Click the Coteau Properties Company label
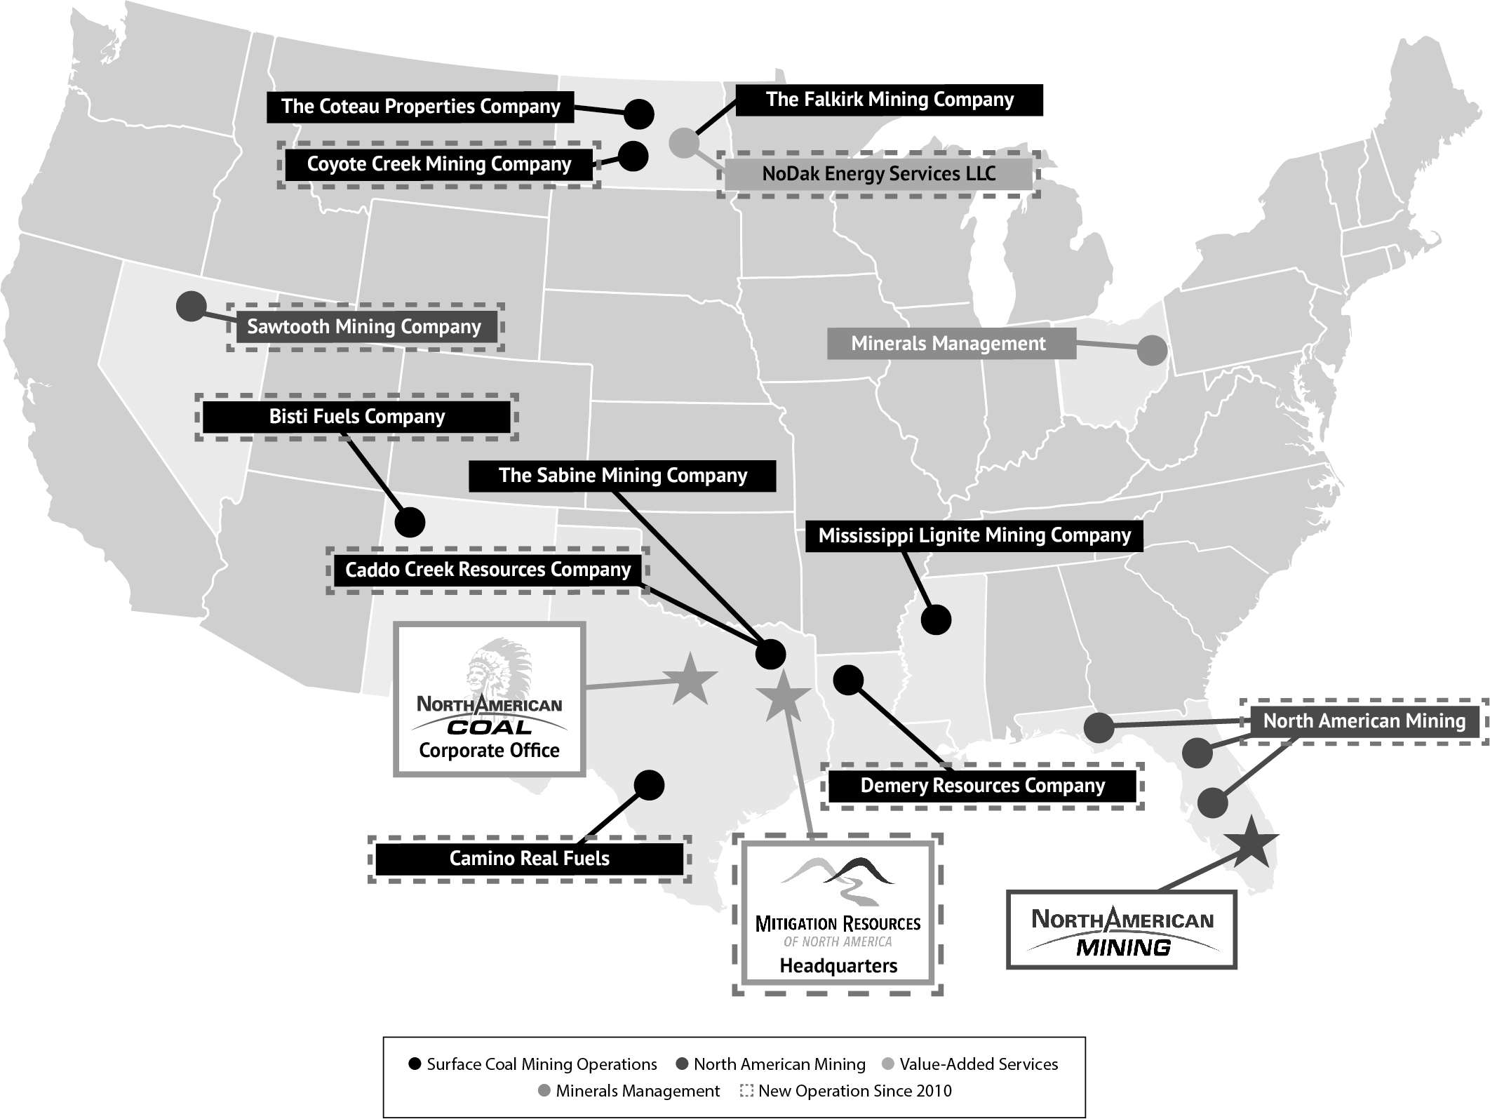[x=420, y=107]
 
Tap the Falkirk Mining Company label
[x=890, y=100]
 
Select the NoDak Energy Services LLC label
[x=878, y=174]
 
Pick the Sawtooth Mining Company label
[x=364, y=327]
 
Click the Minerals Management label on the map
[x=948, y=344]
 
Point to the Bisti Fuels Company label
[x=356, y=417]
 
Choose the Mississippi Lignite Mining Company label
[x=974, y=536]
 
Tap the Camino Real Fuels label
[x=529, y=859]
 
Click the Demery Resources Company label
[x=982, y=786]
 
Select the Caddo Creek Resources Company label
[x=488, y=570]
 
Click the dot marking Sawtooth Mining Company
[x=191, y=307]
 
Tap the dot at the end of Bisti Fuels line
[x=410, y=522]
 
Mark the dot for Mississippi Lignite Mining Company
[x=936, y=619]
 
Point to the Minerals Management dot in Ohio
[x=1151, y=350]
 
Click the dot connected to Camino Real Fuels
[x=649, y=785]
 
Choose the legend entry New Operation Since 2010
[x=847, y=1091]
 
